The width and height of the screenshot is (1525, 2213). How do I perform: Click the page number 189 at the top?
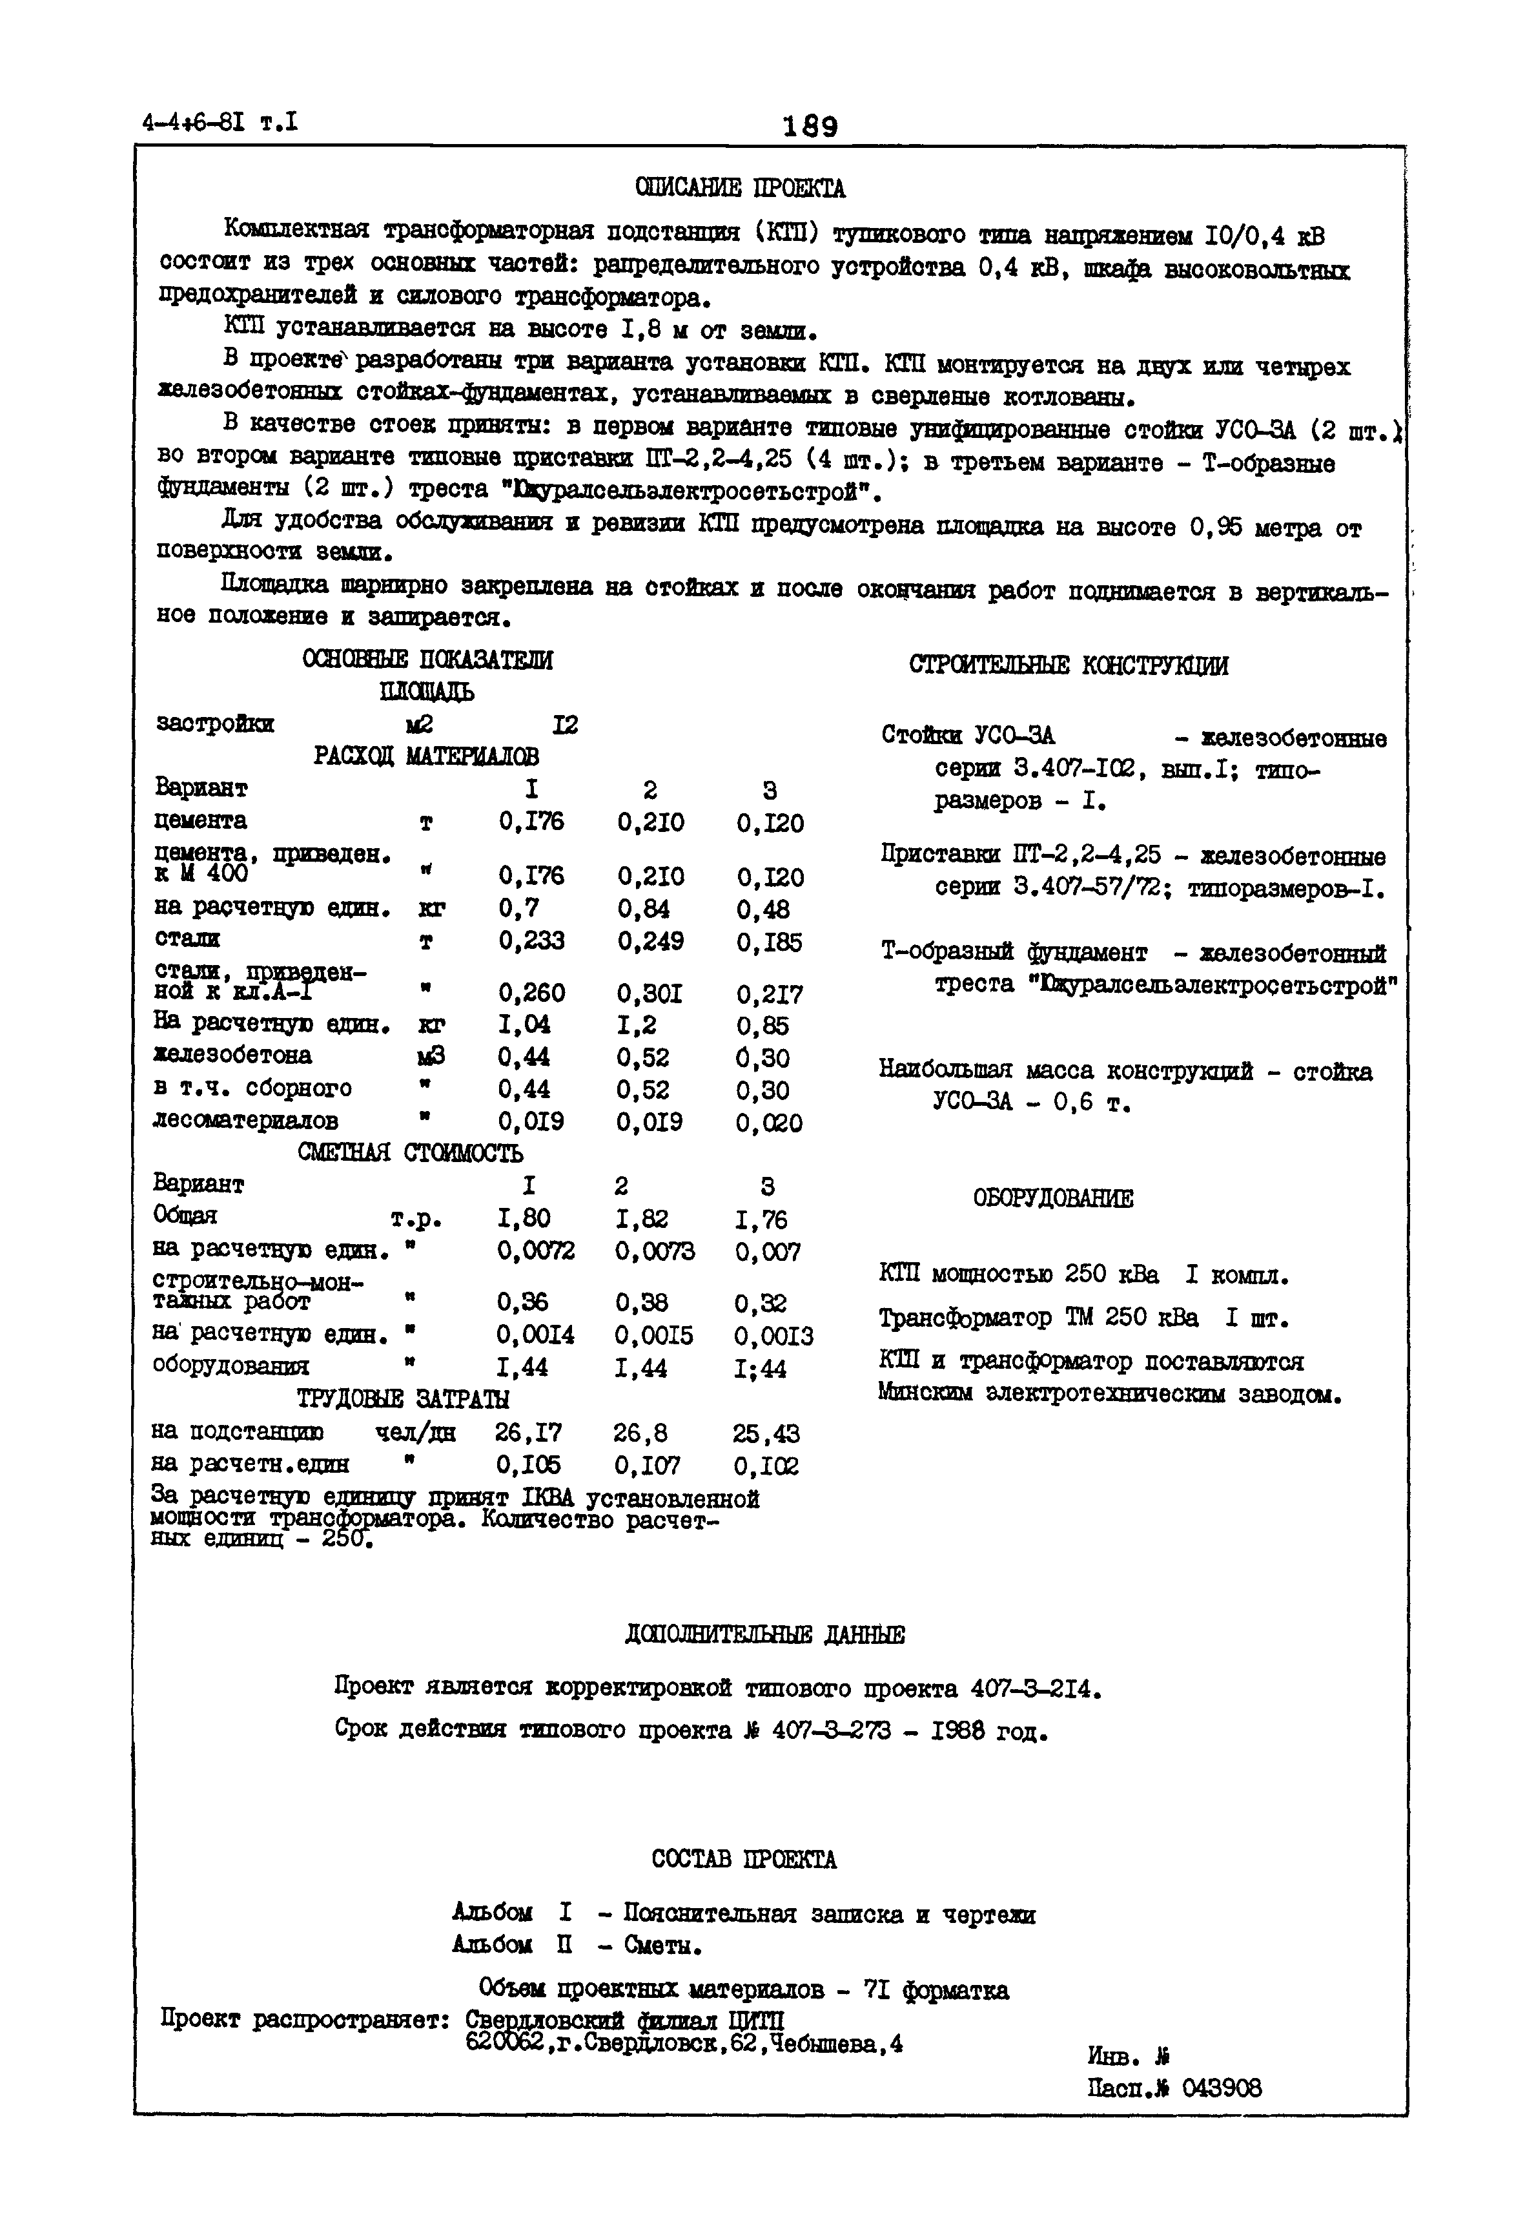coord(810,126)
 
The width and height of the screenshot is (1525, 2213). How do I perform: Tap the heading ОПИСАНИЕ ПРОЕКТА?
coord(741,189)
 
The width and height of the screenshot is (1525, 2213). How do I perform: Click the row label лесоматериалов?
coord(245,1119)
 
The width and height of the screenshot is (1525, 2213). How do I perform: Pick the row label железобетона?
coord(233,1055)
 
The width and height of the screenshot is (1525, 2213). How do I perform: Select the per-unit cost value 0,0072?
coord(535,1251)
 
